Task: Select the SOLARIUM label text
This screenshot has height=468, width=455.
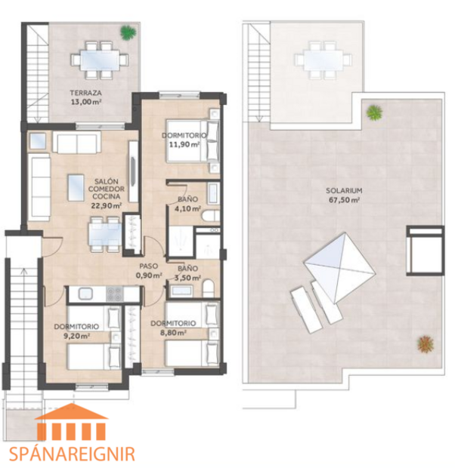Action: tap(343, 189)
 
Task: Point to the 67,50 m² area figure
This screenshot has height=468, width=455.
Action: tap(343, 200)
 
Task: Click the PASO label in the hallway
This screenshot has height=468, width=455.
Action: tap(149, 266)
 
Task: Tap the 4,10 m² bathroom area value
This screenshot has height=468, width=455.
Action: tap(187, 209)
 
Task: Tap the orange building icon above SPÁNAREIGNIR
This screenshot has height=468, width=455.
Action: tap(73, 423)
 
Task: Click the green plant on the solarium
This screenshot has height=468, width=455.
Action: tap(373, 113)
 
